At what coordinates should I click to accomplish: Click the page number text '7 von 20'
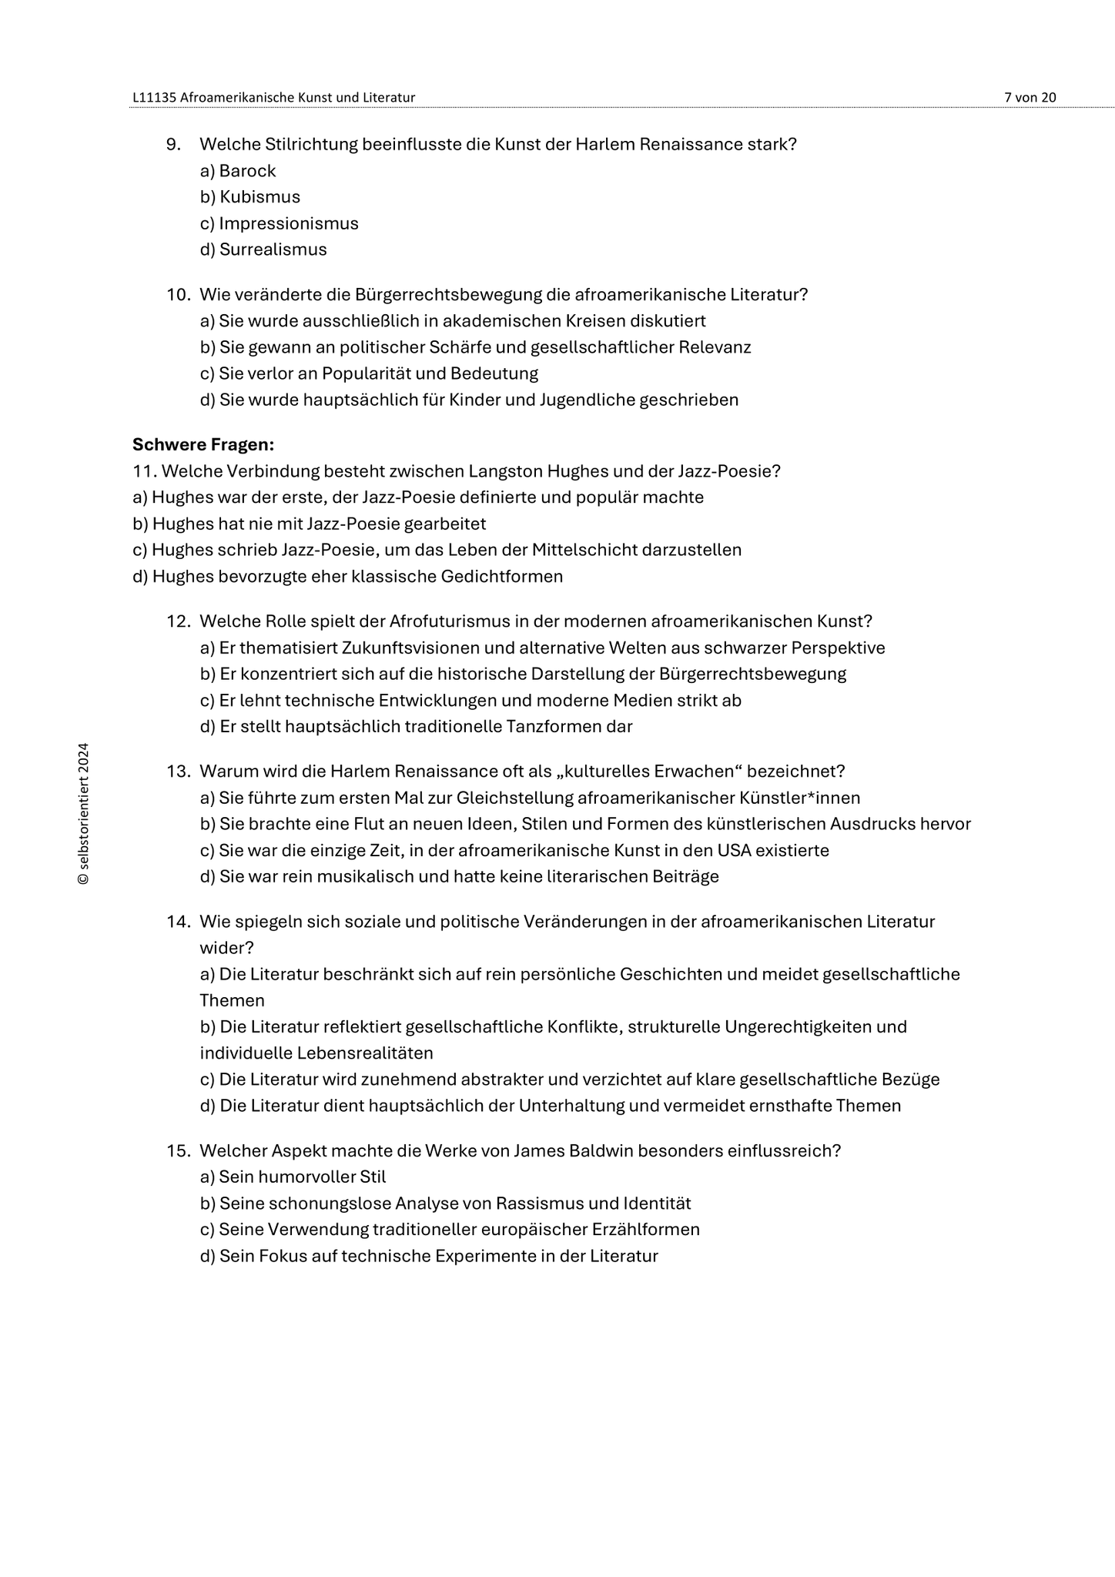[1030, 97]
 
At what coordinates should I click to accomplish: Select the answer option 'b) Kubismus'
[249, 197]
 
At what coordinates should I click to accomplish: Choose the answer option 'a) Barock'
[237, 171]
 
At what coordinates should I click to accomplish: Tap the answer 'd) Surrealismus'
[263, 249]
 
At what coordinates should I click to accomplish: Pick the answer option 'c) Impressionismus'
[279, 223]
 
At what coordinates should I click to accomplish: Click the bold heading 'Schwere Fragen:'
[203, 444]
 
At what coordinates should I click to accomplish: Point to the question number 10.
[178, 295]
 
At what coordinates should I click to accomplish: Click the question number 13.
[178, 772]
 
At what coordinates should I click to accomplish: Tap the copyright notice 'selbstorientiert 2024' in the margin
[84, 813]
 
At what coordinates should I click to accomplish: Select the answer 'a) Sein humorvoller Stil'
[293, 1177]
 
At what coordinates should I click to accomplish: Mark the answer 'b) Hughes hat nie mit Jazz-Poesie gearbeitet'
[309, 524]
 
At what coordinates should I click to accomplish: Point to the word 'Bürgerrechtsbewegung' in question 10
[448, 295]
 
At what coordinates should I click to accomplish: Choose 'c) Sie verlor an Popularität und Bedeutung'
[368, 373]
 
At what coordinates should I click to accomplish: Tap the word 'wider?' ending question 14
[226, 947]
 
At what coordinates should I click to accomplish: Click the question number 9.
[173, 145]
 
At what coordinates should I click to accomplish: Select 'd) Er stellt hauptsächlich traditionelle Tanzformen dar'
[416, 726]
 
